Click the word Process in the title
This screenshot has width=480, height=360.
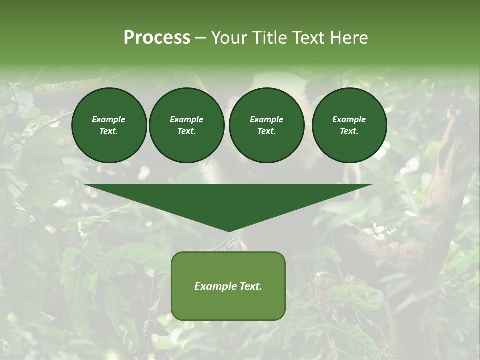(157, 38)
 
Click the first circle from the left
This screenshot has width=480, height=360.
(109, 125)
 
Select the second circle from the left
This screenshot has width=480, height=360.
(186, 125)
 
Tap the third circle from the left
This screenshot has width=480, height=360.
(266, 125)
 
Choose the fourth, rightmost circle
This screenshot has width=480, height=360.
(349, 125)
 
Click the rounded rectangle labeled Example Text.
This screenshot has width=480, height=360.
(228, 286)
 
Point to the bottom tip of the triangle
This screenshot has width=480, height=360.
(229, 231)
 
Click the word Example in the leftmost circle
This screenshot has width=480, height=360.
(109, 119)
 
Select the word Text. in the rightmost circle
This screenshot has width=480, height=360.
(349, 131)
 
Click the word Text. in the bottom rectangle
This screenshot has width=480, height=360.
(251, 286)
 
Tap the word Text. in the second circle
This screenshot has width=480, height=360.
(186, 131)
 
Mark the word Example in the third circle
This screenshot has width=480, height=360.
(266, 119)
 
